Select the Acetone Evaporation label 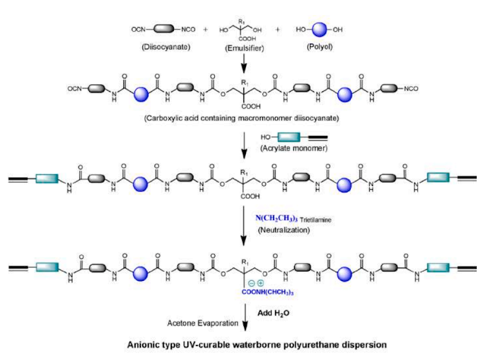coord(202,323)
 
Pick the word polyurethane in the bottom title coord(324,345)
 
